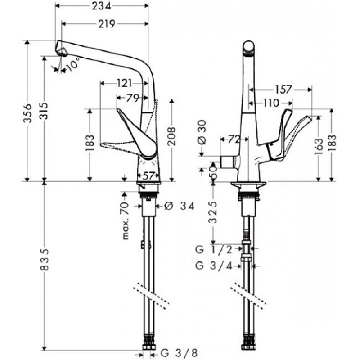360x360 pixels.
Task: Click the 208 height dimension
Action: point(172,142)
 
